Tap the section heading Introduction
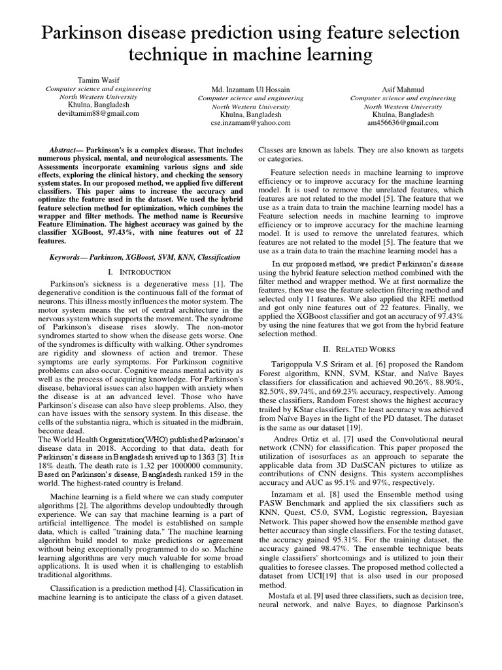pyautogui.click(x=143, y=272)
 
